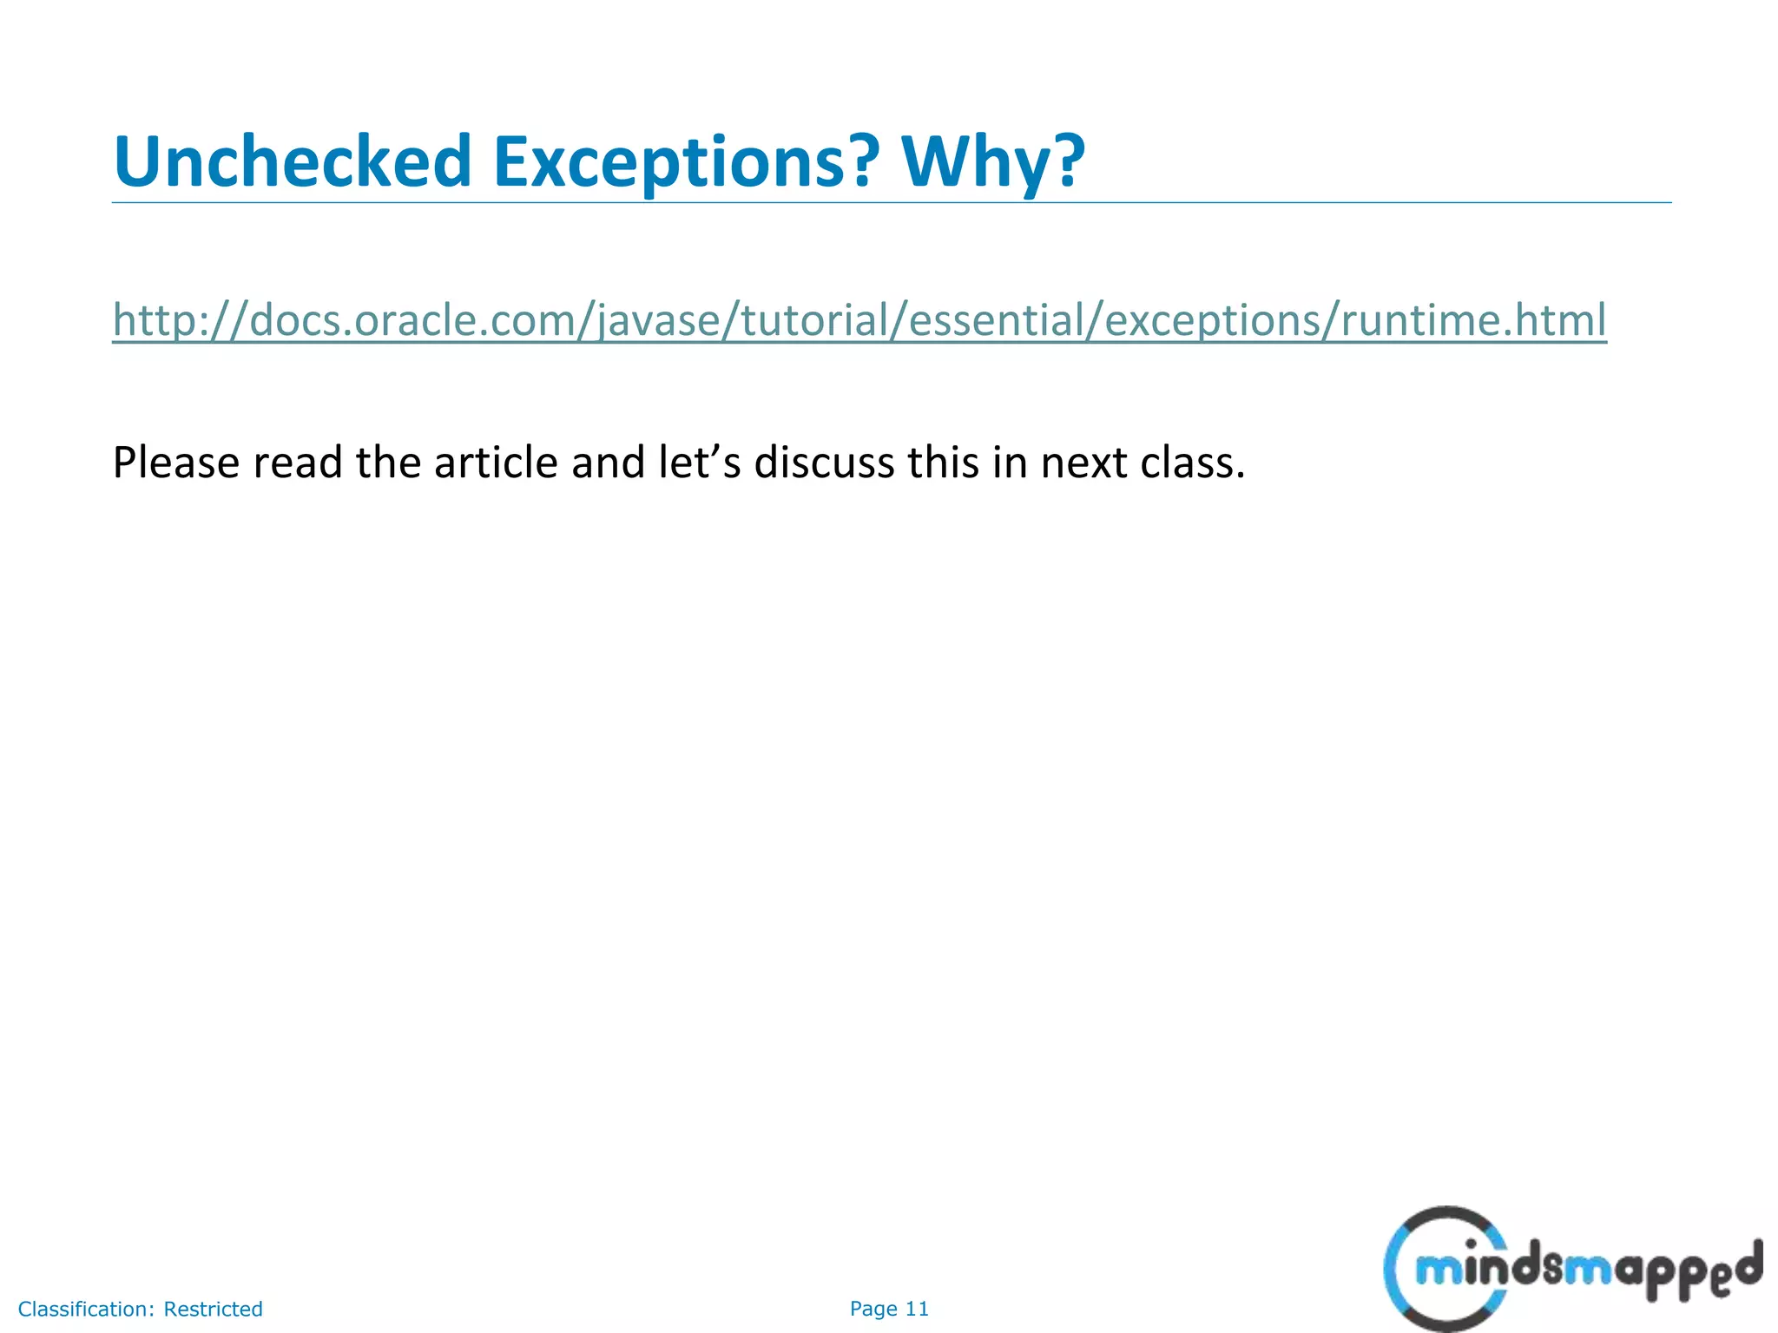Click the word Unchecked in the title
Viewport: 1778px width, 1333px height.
(292, 161)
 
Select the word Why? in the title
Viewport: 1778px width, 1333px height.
(993, 163)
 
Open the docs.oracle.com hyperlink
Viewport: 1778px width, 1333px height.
(859, 320)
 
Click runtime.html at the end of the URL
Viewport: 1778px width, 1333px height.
(1473, 320)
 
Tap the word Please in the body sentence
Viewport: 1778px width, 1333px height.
(176, 463)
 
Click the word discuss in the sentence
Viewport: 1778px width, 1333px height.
(824, 463)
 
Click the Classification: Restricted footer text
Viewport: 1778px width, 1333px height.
(141, 1310)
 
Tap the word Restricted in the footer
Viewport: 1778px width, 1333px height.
(213, 1310)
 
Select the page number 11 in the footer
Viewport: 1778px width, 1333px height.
(918, 1309)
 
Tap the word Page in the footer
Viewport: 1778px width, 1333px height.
(873, 1310)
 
